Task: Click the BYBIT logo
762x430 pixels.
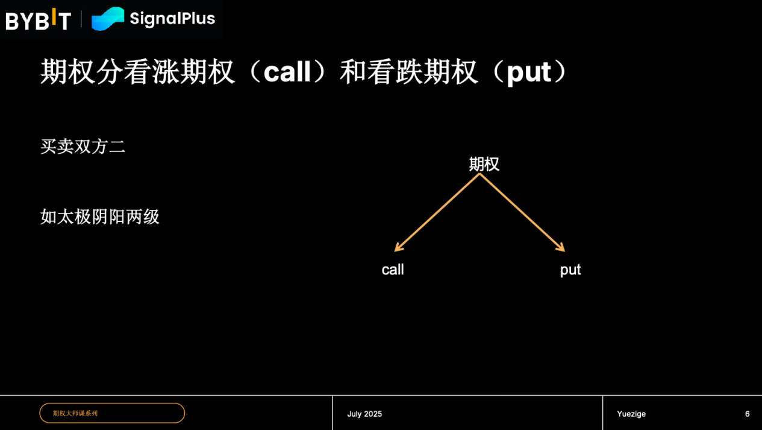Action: tap(39, 20)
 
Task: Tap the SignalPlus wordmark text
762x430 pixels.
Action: tap(172, 18)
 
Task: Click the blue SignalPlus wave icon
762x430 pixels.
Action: tap(108, 19)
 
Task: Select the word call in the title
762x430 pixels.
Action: tap(287, 72)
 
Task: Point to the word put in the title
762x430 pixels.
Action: tap(529, 73)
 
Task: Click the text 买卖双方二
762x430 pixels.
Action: tap(83, 147)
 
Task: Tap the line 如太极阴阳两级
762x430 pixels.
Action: tap(100, 217)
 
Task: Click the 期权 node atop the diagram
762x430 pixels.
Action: tap(484, 164)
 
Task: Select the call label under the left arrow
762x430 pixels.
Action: tap(393, 270)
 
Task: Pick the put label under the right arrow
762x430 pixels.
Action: tap(570, 270)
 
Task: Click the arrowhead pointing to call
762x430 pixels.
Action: tap(398, 248)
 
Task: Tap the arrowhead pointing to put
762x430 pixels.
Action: tap(561, 248)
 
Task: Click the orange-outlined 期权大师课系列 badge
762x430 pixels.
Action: tap(112, 413)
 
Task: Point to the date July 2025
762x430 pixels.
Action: tap(364, 414)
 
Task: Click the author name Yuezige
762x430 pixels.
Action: tap(631, 414)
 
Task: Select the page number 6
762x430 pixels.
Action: tap(748, 414)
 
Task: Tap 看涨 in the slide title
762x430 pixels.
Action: tap(152, 72)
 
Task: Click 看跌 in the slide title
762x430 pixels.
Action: tap(395, 72)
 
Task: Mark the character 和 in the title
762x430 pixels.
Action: tap(353, 72)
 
